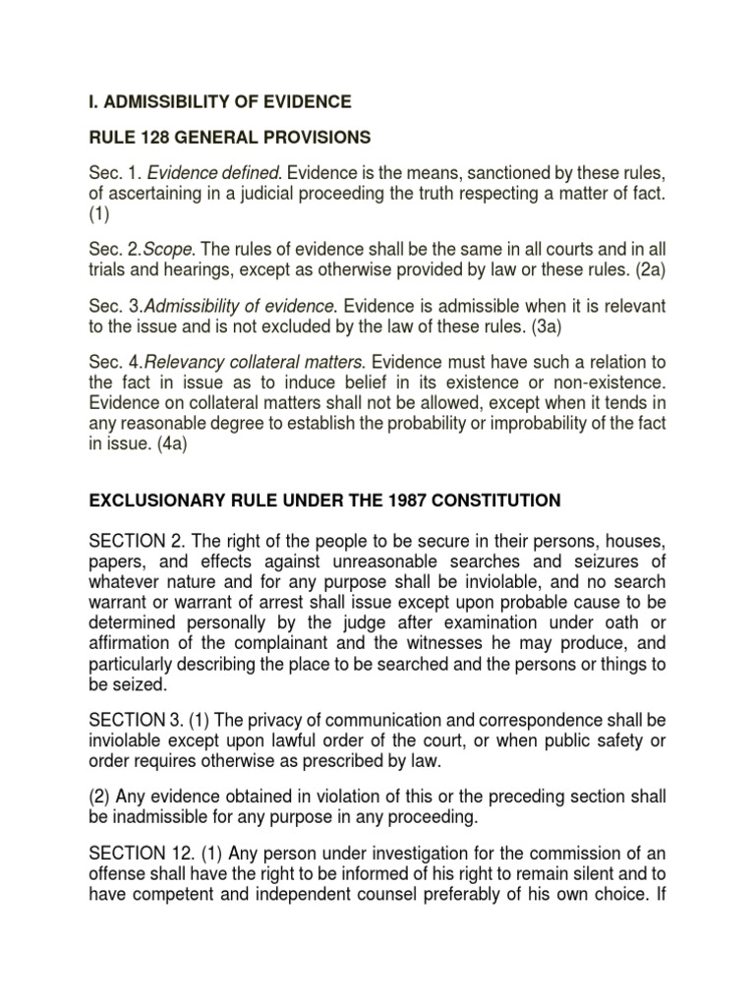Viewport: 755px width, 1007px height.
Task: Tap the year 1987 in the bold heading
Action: point(407,501)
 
